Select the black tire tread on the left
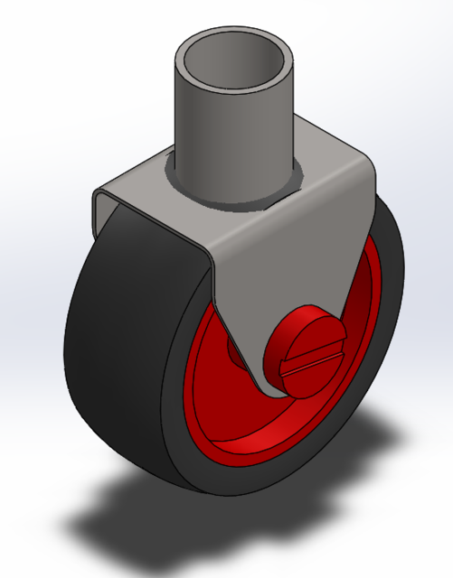(118, 343)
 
